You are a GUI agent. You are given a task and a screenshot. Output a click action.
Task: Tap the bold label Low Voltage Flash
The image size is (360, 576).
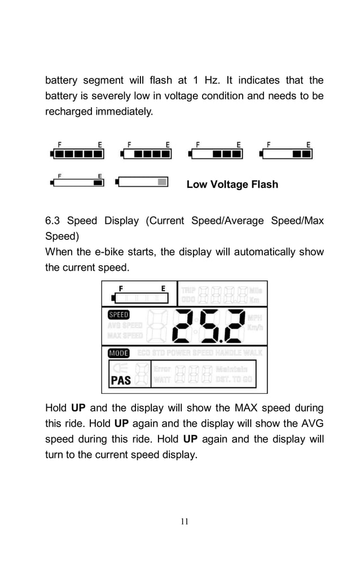click(x=232, y=184)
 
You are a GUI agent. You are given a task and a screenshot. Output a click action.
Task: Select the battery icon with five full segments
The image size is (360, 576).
click(x=76, y=153)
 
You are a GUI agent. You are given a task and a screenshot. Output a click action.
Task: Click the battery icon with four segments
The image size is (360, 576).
click(x=147, y=153)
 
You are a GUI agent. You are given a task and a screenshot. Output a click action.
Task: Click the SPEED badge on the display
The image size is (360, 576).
click(x=118, y=315)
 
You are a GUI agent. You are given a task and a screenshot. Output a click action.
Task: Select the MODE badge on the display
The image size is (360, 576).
click(x=118, y=353)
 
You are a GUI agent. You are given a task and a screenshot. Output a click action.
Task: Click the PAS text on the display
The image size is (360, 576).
click(x=121, y=380)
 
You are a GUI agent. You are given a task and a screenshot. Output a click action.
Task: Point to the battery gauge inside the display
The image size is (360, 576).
click(x=140, y=297)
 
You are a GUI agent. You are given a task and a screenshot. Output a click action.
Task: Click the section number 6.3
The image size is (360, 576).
click(x=52, y=221)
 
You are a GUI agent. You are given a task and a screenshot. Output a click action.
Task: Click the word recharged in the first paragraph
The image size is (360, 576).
click(x=69, y=112)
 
